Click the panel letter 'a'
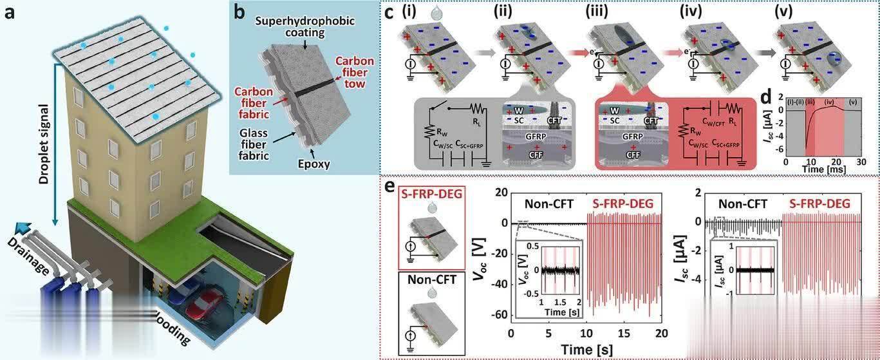(x=11, y=14)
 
